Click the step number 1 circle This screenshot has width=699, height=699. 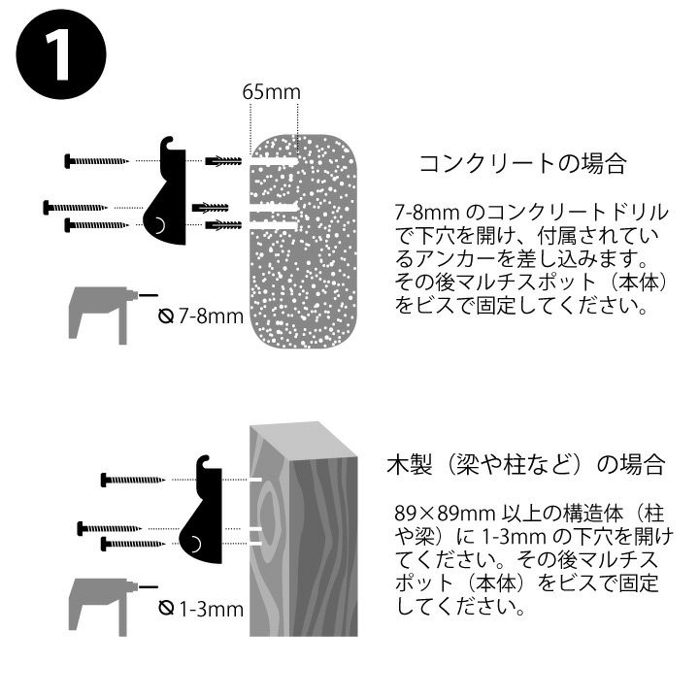click(x=61, y=54)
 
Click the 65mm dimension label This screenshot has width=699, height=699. click(x=272, y=92)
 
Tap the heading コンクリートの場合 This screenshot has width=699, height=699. click(x=523, y=163)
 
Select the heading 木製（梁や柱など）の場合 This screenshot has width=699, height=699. click(x=526, y=464)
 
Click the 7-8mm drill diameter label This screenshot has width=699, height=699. click(x=202, y=316)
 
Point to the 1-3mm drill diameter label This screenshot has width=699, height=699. click(x=202, y=609)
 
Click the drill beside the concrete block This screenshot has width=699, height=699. click(x=112, y=314)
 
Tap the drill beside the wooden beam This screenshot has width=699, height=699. click(x=112, y=606)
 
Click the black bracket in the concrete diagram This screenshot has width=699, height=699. click(x=166, y=191)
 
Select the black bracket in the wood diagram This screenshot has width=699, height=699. click(x=202, y=511)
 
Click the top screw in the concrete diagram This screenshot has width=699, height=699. click(x=97, y=160)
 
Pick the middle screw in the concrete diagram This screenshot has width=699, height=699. click(x=76, y=208)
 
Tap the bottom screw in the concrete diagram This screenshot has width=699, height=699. click(x=97, y=224)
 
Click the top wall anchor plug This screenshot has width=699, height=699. click(x=223, y=160)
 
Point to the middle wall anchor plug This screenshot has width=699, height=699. click(x=210, y=208)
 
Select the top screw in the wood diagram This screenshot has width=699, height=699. click(x=133, y=480)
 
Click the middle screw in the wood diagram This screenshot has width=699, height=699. click(x=110, y=529)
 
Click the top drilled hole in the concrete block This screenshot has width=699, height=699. click(x=274, y=160)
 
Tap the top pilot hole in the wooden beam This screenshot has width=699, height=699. click(x=256, y=480)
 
